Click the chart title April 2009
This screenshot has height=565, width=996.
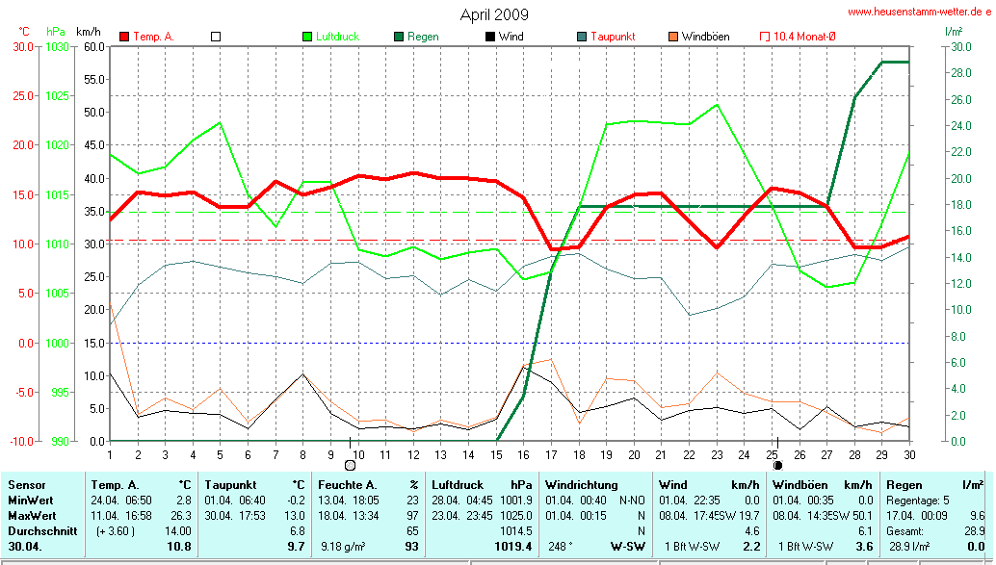[495, 14]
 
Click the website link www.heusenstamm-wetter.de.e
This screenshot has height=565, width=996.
[919, 12]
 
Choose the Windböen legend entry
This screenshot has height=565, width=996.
[705, 37]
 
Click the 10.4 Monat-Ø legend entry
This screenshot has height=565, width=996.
[804, 37]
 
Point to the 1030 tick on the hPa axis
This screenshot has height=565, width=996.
[57, 46]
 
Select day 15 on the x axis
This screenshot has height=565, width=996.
[496, 454]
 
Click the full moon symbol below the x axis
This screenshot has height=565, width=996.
[350, 465]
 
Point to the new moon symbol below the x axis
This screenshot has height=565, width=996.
[777, 465]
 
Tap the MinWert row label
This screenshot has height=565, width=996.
[31, 500]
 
